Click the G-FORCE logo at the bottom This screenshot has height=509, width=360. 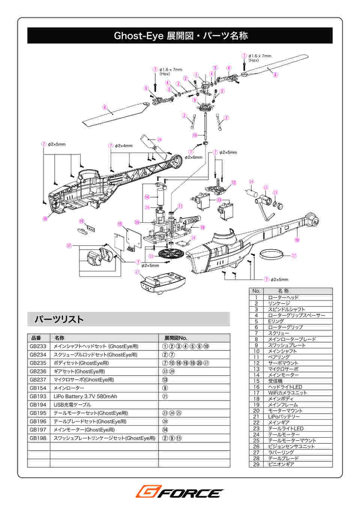(x=180, y=491)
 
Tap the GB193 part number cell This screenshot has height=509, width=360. (x=38, y=396)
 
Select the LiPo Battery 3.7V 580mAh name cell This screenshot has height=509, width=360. (x=85, y=396)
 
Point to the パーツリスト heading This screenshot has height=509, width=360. (x=59, y=319)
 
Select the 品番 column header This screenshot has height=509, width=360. (x=36, y=338)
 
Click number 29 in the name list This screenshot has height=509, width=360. (x=256, y=464)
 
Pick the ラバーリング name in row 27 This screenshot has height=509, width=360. (x=281, y=452)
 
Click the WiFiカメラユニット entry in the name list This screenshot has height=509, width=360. (x=287, y=393)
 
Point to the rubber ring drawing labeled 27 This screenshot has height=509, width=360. (x=271, y=254)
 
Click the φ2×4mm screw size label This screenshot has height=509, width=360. (x=123, y=145)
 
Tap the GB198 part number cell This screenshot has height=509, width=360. (x=38, y=438)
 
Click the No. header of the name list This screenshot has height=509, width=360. (x=256, y=291)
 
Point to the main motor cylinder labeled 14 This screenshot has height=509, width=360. (x=160, y=196)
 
